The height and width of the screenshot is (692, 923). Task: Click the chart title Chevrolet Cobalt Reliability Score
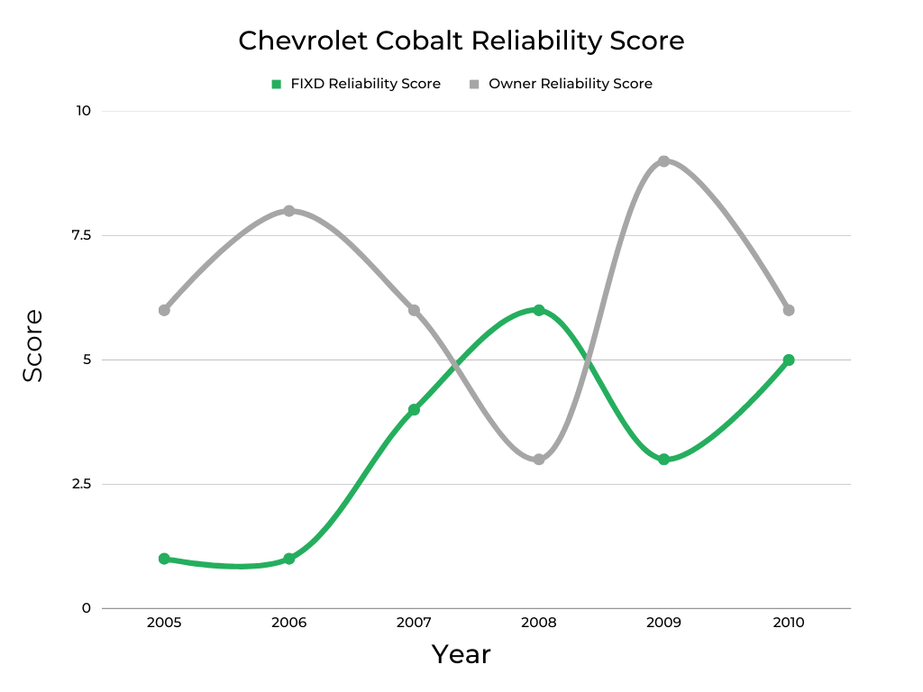coord(461,41)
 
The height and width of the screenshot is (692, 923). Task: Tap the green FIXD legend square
coord(277,84)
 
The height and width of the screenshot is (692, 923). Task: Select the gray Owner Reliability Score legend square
coord(474,84)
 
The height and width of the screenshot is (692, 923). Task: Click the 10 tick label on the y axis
coord(83,111)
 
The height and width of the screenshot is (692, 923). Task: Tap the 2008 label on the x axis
coord(539,623)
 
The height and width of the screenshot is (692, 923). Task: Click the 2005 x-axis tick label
coord(164,623)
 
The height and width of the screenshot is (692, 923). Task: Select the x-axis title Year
coord(461,654)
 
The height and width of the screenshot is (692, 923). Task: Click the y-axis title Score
coord(33,346)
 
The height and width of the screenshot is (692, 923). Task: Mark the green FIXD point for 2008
coord(539,310)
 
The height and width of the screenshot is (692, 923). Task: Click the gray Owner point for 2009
coord(663,161)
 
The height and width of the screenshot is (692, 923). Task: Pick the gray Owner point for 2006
coord(289,211)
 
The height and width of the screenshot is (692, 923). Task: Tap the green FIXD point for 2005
coord(164,559)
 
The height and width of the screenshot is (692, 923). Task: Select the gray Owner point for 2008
coord(539,460)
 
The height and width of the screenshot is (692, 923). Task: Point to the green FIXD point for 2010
coord(789,360)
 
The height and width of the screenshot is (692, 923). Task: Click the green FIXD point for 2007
coord(414,409)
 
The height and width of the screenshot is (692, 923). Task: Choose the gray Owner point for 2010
coord(789,310)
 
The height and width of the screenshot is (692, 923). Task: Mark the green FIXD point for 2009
coord(663,460)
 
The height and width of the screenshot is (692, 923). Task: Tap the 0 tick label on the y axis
coord(87,608)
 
